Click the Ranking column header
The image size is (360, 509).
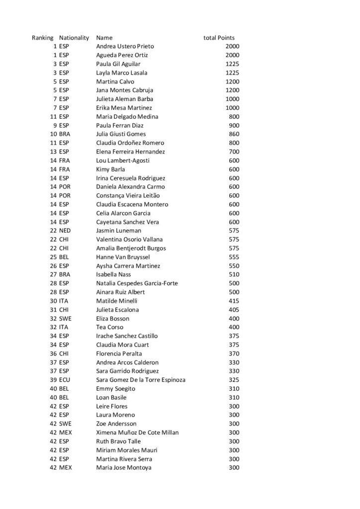click(43, 38)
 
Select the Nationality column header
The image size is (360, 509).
click(74, 38)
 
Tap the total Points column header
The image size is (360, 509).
click(219, 38)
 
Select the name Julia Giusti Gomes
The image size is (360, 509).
click(121, 134)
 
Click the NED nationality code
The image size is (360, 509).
click(65, 231)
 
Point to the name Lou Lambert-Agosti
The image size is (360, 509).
click(122, 161)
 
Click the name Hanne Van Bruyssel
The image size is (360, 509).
click(123, 257)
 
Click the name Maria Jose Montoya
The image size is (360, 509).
click(124, 468)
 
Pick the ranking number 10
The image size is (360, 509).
click(53, 134)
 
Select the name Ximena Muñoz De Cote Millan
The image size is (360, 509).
click(137, 433)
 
